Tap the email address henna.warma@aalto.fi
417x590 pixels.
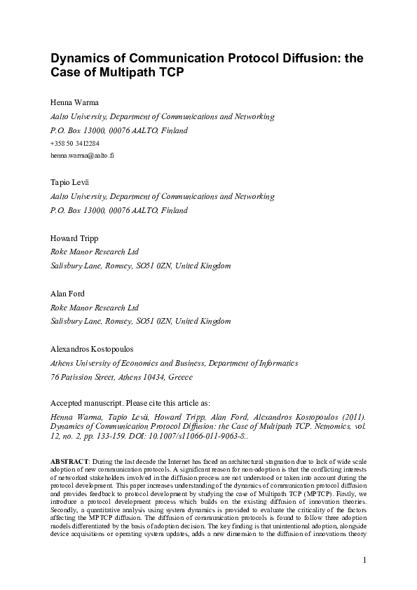coord(82,155)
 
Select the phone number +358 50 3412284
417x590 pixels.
coord(75,143)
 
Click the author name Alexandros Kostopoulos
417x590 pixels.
coord(97,349)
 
